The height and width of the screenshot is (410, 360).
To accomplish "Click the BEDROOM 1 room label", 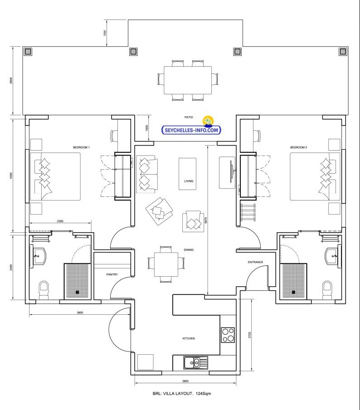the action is click(x=81, y=147).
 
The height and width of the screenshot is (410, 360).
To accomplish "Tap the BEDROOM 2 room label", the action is click(x=298, y=147).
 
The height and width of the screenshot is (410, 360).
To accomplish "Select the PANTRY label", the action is click(x=112, y=274).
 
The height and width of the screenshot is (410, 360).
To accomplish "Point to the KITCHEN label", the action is click(x=189, y=338).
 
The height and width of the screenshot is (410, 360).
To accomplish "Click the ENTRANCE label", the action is click(x=255, y=262).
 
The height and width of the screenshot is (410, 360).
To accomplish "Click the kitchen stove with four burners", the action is click(x=228, y=335).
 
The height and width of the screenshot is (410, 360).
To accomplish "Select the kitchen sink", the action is click(x=195, y=363).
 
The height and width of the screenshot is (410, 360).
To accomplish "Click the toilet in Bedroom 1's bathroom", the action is click(x=44, y=290).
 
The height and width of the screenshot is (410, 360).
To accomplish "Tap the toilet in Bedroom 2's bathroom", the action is click(x=327, y=290).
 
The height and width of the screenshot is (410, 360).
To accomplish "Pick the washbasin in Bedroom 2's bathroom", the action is click(x=332, y=256).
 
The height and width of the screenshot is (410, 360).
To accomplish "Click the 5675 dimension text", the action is click(x=206, y=220).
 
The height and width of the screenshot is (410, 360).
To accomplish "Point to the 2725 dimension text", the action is click(x=250, y=335).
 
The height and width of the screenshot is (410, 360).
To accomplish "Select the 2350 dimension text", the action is click(x=60, y=221).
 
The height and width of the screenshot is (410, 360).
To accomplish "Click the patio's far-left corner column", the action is click(x=28, y=52).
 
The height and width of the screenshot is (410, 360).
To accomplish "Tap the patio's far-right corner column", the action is click(x=343, y=52).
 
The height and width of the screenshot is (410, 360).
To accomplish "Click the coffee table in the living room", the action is click(x=187, y=174).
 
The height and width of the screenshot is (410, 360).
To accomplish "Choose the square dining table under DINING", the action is click(x=166, y=264).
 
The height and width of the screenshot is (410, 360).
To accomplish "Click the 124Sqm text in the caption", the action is click(x=203, y=394).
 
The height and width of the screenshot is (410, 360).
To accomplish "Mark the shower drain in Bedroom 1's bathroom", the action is click(x=78, y=292).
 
